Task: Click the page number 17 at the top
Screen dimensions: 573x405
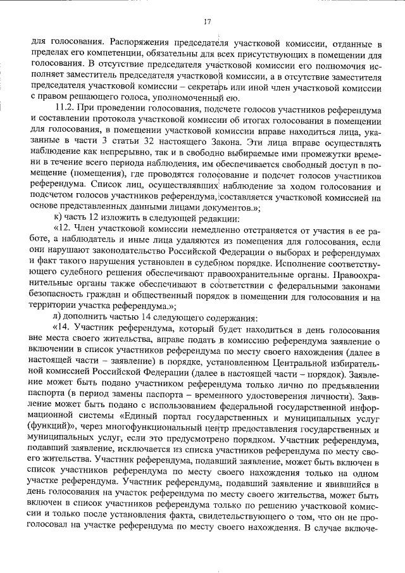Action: (x=206, y=22)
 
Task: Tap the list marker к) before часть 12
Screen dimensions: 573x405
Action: (x=59, y=218)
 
